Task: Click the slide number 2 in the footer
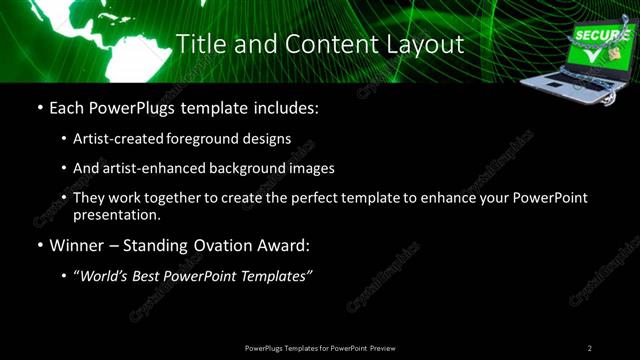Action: [590, 348]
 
